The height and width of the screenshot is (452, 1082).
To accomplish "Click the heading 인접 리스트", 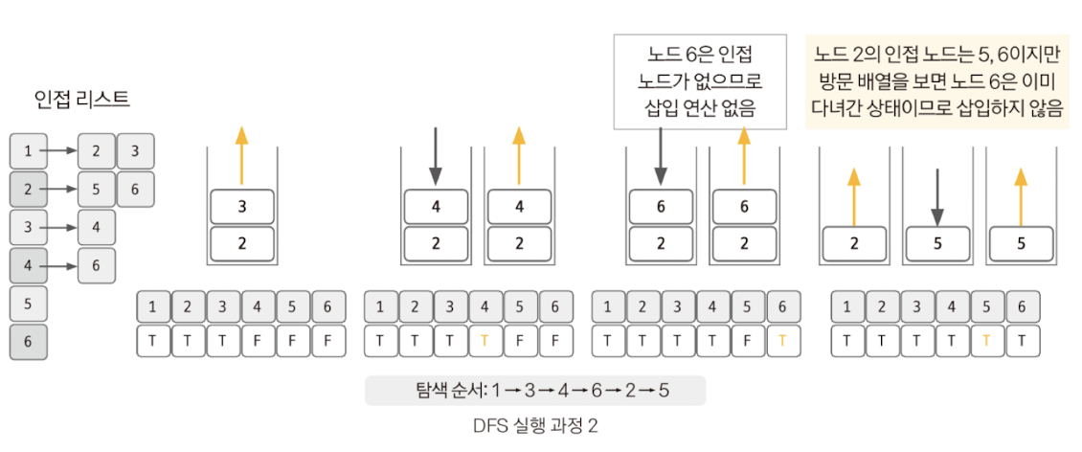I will point(81,99).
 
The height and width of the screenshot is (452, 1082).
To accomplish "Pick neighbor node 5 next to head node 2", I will point(96,190).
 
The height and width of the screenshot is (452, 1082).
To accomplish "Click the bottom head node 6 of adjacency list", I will point(28,342).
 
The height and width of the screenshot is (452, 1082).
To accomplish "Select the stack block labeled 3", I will point(242,207).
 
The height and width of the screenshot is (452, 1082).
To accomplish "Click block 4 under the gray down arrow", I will point(436,207).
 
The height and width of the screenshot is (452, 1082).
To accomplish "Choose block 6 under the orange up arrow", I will point(744,207).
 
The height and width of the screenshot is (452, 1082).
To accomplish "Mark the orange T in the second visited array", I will point(485,341).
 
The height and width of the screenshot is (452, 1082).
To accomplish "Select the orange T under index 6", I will point(783,341).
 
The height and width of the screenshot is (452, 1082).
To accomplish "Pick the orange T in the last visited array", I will point(987,341).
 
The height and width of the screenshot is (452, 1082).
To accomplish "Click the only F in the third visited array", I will point(748,341).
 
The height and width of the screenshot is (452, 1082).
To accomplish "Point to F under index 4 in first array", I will point(259,341).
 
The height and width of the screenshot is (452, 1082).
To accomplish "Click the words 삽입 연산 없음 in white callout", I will point(700,108).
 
